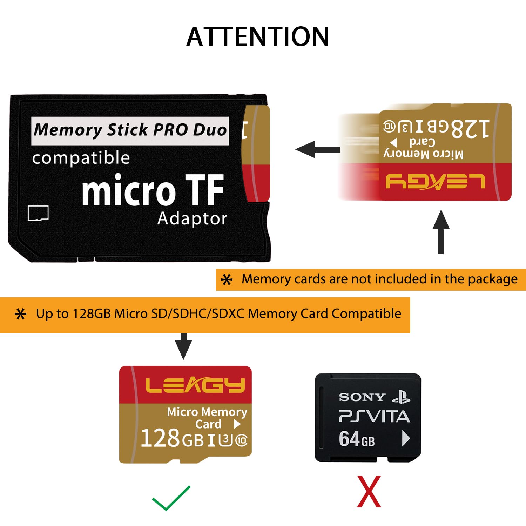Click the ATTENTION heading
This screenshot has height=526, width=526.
258,37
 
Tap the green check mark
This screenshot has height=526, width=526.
171,498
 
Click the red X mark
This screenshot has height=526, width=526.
369,492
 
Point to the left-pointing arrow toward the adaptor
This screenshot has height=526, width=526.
317,150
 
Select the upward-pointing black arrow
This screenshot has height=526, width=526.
441,231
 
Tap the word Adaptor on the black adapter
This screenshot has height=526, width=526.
192,218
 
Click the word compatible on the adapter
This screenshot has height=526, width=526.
81,158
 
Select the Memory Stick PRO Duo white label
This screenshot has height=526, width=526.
130,131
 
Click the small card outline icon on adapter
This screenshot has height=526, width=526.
38,213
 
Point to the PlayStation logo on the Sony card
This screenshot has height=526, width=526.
401,397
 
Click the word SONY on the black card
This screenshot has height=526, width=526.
362,397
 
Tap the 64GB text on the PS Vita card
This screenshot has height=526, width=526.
357,439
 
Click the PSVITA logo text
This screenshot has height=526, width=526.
374,417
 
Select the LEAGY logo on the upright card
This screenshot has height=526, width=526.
195,385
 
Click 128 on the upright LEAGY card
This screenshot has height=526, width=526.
160,438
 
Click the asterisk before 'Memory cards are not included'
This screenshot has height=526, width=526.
227,279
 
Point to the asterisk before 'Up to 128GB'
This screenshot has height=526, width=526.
21,314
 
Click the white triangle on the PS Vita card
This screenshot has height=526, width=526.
406,438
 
